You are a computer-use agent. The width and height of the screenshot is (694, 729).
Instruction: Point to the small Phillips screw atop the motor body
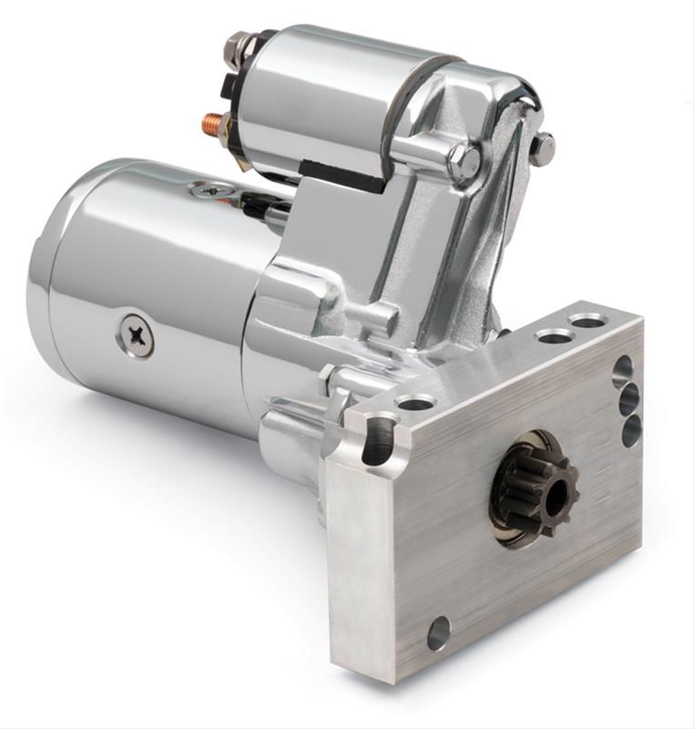tap(212, 190)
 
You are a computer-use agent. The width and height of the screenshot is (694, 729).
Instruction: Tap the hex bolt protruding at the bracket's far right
tap(541, 147)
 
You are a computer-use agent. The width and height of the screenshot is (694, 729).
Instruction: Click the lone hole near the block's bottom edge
tap(439, 631)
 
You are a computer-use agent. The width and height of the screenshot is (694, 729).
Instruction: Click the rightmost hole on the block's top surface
tap(587, 321)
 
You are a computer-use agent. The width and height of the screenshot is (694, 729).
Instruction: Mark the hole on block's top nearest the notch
tap(415, 402)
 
